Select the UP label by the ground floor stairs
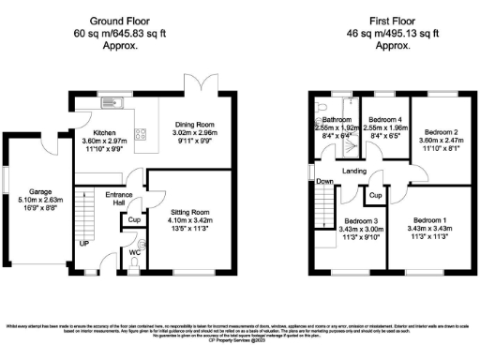[82, 242]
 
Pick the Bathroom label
[336, 121]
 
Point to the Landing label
[354, 171]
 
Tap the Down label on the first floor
[324, 181]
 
